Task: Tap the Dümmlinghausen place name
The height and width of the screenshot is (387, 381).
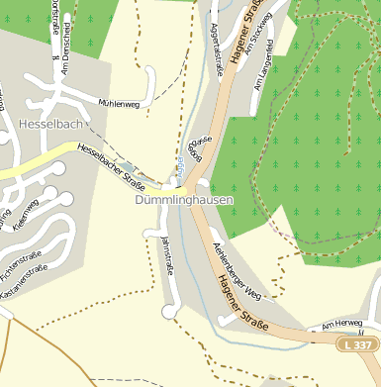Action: [x=184, y=199]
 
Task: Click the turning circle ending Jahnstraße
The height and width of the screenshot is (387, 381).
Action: [x=167, y=312]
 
